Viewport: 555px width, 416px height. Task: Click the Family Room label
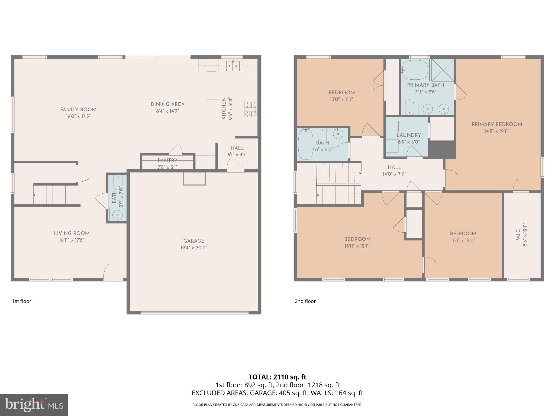point(78,110)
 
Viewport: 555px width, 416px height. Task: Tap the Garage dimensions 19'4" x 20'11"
point(193,248)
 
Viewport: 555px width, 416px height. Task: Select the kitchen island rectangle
point(212,111)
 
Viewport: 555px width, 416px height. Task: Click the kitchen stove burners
point(251,110)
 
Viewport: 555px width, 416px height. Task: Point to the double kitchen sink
point(233,66)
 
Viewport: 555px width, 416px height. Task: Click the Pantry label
point(167,161)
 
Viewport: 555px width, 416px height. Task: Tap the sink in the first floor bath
point(117,215)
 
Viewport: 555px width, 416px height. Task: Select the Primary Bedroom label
point(496,124)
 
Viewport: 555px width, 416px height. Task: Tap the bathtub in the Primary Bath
point(415,69)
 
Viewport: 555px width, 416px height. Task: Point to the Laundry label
point(409,135)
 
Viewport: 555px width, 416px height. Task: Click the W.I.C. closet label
point(518,235)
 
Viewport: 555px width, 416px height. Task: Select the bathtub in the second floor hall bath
point(305,144)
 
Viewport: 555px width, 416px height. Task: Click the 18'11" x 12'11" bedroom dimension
point(357,246)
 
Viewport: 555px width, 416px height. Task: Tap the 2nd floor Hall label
point(394,167)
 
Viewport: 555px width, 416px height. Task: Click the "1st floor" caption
point(22,301)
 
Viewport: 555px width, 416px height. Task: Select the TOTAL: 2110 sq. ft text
point(277,377)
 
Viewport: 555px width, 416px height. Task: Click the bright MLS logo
point(34,405)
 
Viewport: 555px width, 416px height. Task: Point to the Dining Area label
point(167,104)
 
